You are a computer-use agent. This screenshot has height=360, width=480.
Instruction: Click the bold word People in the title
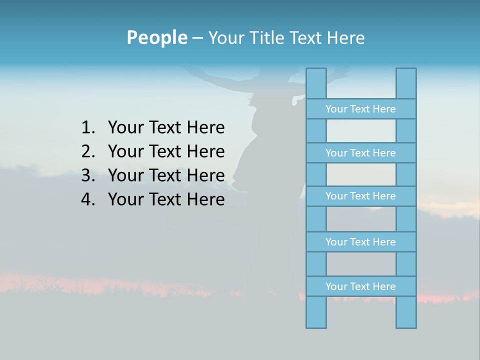point(156,37)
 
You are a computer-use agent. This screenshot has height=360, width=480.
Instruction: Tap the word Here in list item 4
point(205,199)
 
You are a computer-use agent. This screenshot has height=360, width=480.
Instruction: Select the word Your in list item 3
point(125,175)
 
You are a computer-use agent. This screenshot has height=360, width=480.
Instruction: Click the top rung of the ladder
point(360,109)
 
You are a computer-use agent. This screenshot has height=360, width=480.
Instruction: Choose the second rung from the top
point(360,153)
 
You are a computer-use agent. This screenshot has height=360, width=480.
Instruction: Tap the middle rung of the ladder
point(360,196)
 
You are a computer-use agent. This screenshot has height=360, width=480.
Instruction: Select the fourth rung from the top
point(360,242)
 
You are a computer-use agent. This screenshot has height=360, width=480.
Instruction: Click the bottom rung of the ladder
point(360,286)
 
